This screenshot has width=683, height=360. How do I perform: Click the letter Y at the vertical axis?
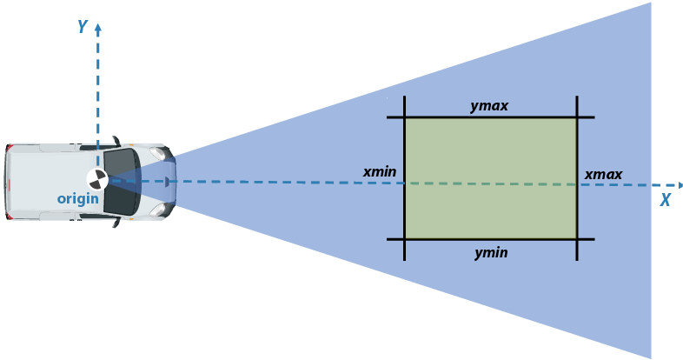pyautogui.click(x=83, y=27)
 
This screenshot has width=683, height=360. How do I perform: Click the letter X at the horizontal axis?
pyautogui.click(x=665, y=199)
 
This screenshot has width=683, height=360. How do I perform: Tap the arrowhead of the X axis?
pyautogui.click(x=679, y=185)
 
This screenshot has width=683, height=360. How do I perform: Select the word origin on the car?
pyautogui.click(x=78, y=199)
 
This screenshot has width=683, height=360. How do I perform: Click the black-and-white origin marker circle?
pyautogui.click(x=98, y=180)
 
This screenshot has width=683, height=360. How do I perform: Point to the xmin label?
pyautogui.click(x=380, y=172)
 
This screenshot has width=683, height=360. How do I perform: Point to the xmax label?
pyautogui.click(x=603, y=175)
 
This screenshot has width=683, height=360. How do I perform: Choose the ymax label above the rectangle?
pyautogui.click(x=489, y=106)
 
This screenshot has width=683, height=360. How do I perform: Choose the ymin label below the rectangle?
pyautogui.click(x=491, y=253)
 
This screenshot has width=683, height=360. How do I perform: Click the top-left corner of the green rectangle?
pyautogui.click(x=405, y=117)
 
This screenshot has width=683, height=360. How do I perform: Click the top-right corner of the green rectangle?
pyautogui.click(x=577, y=117)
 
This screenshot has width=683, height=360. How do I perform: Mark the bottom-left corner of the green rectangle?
pyautogui.click(x=405, y=239)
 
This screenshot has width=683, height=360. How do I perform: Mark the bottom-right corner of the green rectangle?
pyautogui.click(x=577, y=239)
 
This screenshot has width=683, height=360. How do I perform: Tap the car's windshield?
pyautogui.click(x=123, y=182)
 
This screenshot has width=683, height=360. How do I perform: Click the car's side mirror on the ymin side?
pyautogui.click(x=116, y=222)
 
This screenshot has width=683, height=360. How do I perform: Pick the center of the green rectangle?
pyautogui.click(x=491, y=178)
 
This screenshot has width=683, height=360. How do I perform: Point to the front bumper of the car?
pyautogui.click(x=173, y=181)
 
